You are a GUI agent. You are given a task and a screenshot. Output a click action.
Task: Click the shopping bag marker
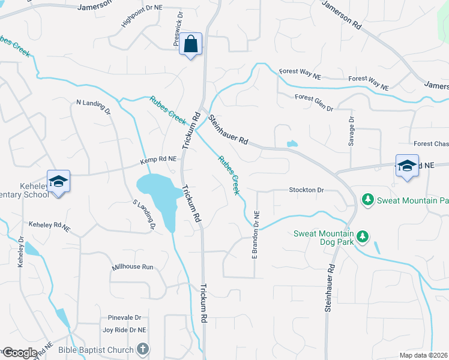[x=190, y=44]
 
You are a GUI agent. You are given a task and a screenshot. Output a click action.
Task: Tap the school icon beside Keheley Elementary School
[x=59, y=181]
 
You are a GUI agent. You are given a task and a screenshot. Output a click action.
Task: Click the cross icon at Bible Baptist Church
[x=143, y=349]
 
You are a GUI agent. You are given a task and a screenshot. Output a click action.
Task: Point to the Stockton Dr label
[x=306, y=190]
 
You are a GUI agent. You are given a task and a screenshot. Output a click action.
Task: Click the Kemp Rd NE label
[x=158, y=160]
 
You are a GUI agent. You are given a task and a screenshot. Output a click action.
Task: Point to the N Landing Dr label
[x=94, y=106]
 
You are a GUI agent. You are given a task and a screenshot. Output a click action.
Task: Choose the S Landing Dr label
[x=144, y=214]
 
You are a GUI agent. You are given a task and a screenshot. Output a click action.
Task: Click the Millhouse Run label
[x=133, y=266]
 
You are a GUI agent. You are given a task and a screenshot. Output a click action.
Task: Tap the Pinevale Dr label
[x=124, y=317]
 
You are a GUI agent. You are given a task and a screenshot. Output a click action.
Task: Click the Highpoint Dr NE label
[x=142, y=16]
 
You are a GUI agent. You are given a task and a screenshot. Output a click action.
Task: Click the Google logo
[x=19, y=353]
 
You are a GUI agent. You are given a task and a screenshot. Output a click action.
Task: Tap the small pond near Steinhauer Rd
[x=292, y=144]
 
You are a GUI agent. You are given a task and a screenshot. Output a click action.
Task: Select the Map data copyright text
[x=424, y=355]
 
